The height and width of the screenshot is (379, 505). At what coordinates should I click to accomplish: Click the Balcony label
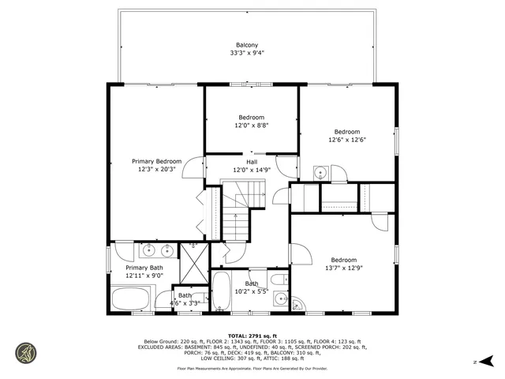247,45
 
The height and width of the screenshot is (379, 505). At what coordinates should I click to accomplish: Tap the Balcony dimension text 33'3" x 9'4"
247,54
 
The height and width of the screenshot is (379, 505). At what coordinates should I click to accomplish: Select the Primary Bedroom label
156,161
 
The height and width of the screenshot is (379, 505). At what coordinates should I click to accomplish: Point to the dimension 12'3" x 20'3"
156,169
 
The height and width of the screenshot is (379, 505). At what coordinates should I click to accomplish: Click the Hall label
252,162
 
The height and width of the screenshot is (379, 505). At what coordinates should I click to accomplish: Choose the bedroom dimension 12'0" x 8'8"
252,126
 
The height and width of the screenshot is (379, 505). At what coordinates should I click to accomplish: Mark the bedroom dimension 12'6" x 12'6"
347,140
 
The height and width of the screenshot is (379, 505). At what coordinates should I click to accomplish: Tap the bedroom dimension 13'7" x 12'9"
344,268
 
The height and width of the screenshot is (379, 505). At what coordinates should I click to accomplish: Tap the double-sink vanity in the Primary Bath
156,251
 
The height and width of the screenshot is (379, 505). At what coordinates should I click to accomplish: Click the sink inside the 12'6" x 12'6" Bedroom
320,173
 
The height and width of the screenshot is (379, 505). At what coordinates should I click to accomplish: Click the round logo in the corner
26,353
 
